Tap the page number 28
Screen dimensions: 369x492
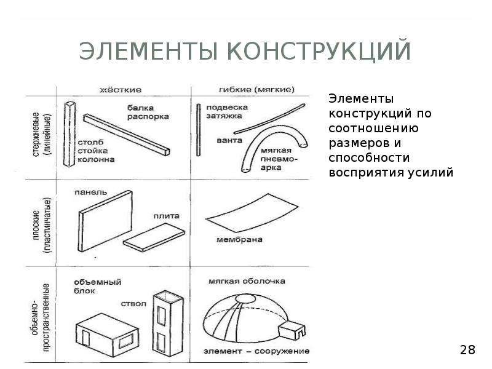[467, 351]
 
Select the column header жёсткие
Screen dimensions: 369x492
[121, 90]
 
